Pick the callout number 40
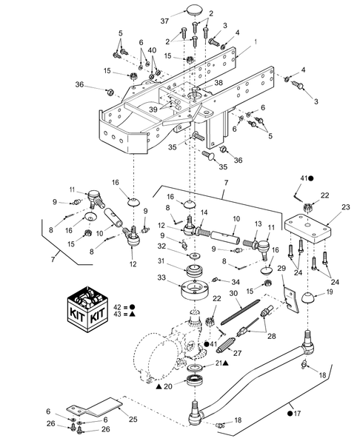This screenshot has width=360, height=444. [x=153, y=50]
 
